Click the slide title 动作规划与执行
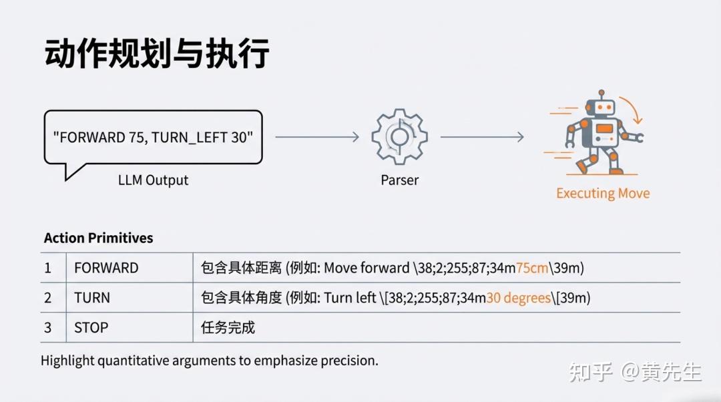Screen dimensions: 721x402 pos(156,54)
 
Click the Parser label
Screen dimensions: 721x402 pos(400,180)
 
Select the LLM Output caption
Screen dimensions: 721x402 pos(153,180)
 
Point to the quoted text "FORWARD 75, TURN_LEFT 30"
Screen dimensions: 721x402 pos(153,137)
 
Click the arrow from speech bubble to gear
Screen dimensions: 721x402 pos(317,137)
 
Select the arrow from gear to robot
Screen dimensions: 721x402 pos(482,137)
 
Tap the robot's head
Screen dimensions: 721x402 pos(601,107)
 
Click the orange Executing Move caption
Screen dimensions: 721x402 pos(603,193)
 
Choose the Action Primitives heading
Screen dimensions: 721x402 pos(98,238)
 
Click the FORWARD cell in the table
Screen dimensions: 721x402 pos(106,268)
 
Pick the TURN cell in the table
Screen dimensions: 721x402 pos(92,298)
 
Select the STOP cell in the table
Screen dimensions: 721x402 pos(91,327)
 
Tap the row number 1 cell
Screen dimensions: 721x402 pos(48,268)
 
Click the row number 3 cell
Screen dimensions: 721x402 pos(48,327)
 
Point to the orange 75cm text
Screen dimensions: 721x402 pos(532,268)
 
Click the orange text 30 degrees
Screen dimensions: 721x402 pos(518,298)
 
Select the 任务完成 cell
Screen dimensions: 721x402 pos(228,327)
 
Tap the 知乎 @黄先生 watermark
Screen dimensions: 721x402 pos(635,372)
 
